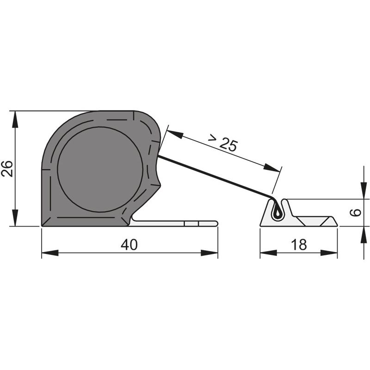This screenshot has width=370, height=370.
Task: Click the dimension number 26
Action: pyautogui.click(x=7, y=168)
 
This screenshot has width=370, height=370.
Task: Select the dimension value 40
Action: pyautogui.click(x=129, y=245)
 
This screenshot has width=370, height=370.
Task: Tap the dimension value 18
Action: pyautogui.click(x=299, y=245)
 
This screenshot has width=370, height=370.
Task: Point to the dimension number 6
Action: pyautogui.click(x=355, y=212)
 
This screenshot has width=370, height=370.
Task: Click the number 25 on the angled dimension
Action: pyautogui.click(x=228, y=144)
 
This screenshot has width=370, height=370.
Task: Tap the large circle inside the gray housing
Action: pyautogui.click(x=100, y=169)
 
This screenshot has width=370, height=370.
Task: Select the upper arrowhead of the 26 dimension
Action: pyautogui.click(x=15, y=119)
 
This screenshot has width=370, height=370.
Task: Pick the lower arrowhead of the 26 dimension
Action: pyautogui.click(x=15, y=217)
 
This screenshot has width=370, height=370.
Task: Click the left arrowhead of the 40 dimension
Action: pyautogui.click(x=50, y=253)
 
